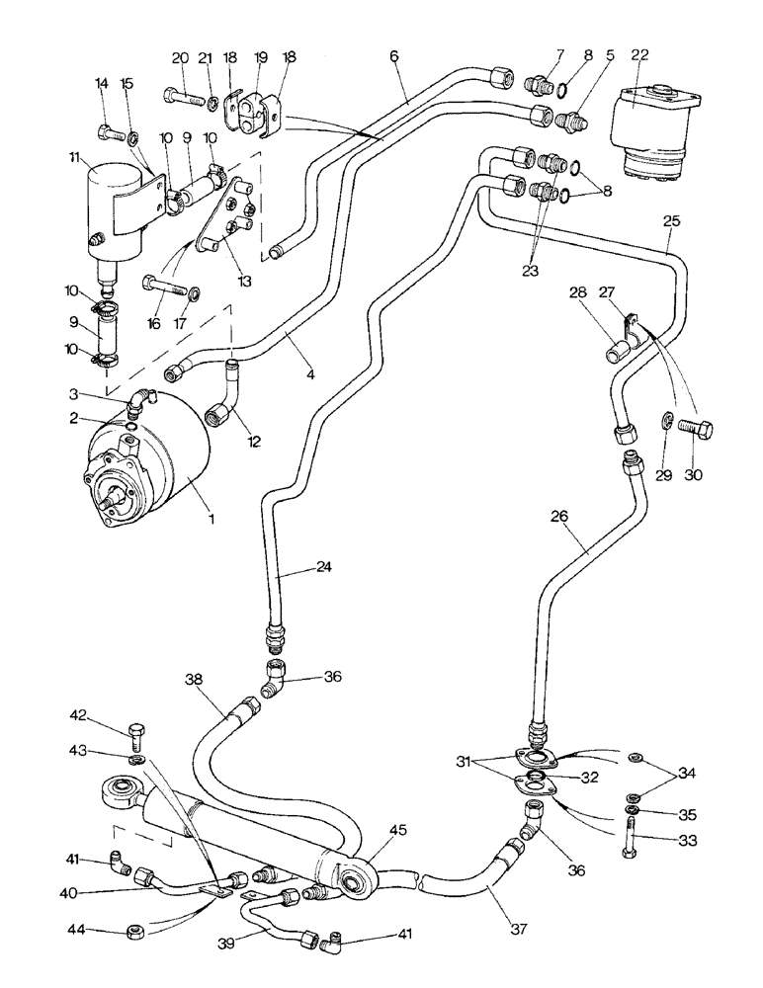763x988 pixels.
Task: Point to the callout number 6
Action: point(394,57)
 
